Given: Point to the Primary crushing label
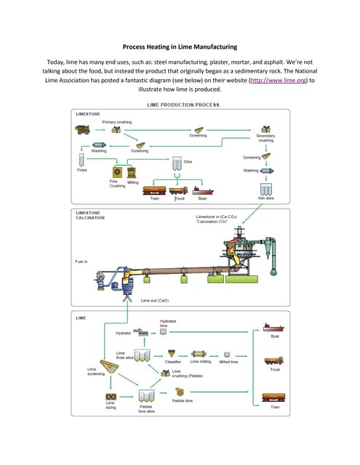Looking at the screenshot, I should tap(116, 122).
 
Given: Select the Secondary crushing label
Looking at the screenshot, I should tap(265, 137).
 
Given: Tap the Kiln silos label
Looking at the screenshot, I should tap(265, 198).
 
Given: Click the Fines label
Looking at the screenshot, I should tap(82, 170).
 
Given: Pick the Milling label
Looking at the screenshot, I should tap(133, 182).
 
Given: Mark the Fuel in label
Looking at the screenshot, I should tap(82, 261).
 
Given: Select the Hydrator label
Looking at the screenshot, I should tap(124, 333).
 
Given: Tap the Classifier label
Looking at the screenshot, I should tap(173, 361).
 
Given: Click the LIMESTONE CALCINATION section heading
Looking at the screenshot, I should tap(89, 216).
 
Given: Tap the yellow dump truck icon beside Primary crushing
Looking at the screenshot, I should tap(82, 130).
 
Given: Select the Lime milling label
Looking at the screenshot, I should tap(200, 361).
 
